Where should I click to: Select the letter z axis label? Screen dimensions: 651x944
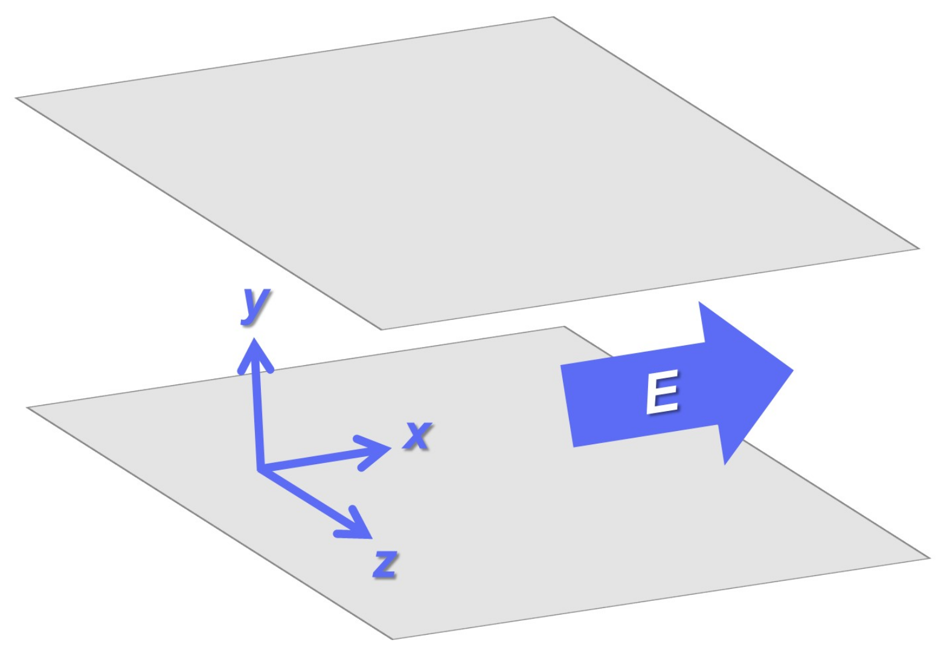[385, 564]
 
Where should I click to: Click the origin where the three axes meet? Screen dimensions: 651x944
[260, 468]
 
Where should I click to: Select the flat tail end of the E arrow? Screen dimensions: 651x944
[567, 406]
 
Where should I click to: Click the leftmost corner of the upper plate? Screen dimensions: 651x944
[17, 98]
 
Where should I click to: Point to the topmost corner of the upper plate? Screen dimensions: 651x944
[553, 18]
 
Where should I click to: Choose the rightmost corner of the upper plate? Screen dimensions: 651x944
[918, 248]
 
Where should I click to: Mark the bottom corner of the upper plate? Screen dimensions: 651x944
[382, 329]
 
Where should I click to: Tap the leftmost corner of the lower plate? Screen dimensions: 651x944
[28, 408]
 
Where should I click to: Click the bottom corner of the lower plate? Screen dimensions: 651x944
[393, 638]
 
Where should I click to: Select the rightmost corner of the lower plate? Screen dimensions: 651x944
[929, 558]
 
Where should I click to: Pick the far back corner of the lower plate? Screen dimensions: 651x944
[564, 327]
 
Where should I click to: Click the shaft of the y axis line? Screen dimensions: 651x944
[258, 417]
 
